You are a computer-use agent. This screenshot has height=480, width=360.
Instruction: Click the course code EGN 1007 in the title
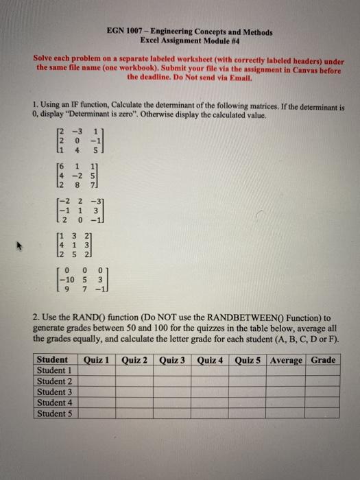125,32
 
